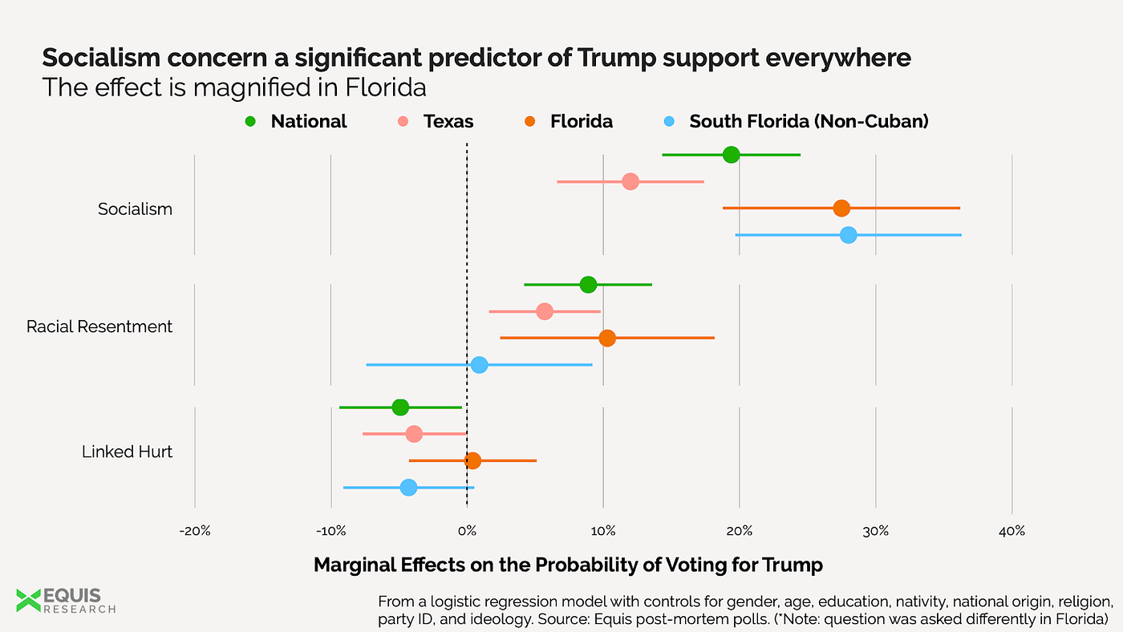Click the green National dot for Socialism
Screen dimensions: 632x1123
pyautogui.click(x=731, y=155)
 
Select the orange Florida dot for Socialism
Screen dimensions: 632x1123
pyautogui.click(x=841, y=209)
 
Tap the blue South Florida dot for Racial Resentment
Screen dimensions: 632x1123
pyautogui.click(x=479, y=365)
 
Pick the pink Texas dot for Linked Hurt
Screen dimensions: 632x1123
pyautogui.click(x=414, y=434)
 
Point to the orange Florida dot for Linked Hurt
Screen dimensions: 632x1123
pyautogui.click(x=472, y=460)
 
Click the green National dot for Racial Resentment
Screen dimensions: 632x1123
pyautogui.click(x=588, y=285)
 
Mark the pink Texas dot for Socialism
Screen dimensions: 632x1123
pyautogui.click(x=630, y=181)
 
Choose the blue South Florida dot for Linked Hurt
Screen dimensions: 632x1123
pyautogui.click(x=408, y=488)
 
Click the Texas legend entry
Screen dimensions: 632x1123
pyautogui.click(x=437, y=122)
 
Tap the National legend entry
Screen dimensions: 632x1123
pyautogui.click(x=298, y=122)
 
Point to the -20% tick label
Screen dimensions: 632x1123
pyautogui.click(x=195, y=531)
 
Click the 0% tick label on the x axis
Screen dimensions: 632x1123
pyautogui.click(x=467, y=531)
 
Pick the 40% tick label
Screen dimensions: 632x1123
pyautogui.click(x=1012, y=531)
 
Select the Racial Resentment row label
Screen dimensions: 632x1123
pyautogui.click(x=99, y=326)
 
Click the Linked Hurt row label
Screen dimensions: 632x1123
pyautogui.click(x=127, y=452)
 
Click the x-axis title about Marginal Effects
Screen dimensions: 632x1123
pyautogui.click(x=568, y=565)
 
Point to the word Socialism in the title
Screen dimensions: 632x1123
pyautogui.click(x=121, y=58)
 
